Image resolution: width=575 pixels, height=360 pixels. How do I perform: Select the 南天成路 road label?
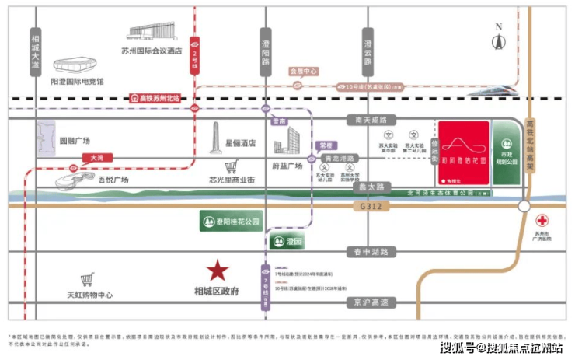point(371,121)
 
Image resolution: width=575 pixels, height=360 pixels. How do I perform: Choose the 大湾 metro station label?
point(96,156)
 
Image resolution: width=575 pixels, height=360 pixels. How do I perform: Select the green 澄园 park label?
point(288,242)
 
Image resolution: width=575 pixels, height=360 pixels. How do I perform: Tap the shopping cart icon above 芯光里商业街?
point(232,166)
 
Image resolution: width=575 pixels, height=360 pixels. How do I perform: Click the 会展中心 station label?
point(304,72)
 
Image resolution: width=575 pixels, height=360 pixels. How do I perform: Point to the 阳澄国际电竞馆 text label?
point(78,80)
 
